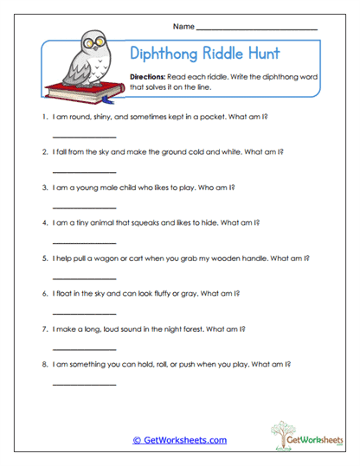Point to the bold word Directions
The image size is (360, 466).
(x=148, y=77)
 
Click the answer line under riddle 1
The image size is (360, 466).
(x=84, y=137)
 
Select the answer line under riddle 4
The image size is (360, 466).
(x=84, y=242)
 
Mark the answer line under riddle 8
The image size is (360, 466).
(x=84, y=383)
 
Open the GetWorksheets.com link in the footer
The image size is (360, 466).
(x=179, y=440)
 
